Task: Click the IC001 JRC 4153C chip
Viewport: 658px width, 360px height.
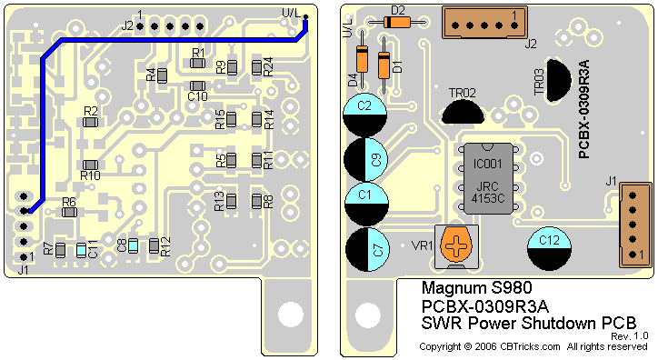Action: [488, 178]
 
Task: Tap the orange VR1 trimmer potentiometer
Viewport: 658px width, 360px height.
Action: [456, 246]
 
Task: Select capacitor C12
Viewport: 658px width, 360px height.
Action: [549, 249]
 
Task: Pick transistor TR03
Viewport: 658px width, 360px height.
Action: [559, 80]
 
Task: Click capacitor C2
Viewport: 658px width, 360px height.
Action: [364, 115]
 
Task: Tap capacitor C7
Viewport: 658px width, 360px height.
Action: [367, 249]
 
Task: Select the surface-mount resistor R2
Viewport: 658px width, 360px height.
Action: [90, 122]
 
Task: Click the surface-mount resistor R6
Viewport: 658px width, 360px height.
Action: [69, 213]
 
